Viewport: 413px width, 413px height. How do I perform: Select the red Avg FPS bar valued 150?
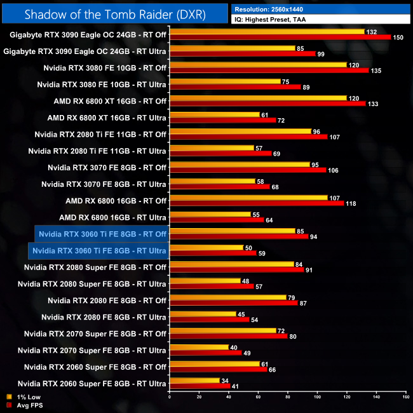(x=280, y=37)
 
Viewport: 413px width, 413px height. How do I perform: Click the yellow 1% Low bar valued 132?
(x=267, y=31)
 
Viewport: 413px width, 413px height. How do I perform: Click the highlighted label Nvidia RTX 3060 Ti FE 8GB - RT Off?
(x=102, y=234)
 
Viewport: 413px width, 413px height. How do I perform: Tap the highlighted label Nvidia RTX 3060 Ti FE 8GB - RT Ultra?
(x=98, y=250)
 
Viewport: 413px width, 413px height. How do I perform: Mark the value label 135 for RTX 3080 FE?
(x=376, y=71)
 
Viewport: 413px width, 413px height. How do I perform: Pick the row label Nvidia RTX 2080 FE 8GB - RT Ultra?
(x=104, y=316)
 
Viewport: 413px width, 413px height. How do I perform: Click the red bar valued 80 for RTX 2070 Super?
(x=228, y=336)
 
